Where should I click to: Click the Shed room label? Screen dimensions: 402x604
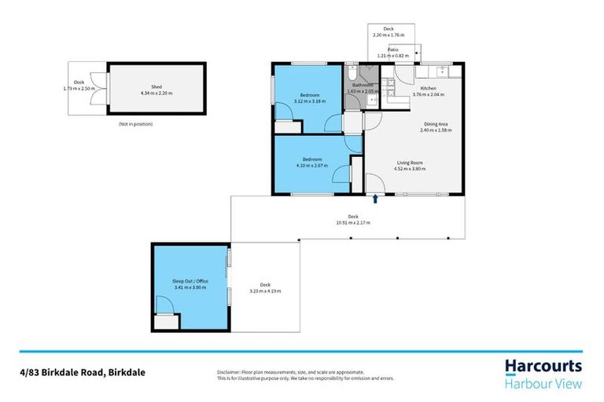point(156,87)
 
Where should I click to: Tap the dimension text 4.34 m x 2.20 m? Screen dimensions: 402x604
point(156,93)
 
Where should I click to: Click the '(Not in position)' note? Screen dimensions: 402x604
point(135,124)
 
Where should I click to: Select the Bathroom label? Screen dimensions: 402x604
point(362,85)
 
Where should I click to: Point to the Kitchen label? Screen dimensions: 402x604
point(428,88)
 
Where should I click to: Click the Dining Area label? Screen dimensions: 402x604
point(436,124)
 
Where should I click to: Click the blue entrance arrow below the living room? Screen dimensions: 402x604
point(375,199)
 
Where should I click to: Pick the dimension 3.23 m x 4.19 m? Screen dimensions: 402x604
point(265,291)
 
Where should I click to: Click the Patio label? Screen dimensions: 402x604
point(392,49)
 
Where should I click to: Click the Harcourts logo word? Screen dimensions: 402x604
point(543,367)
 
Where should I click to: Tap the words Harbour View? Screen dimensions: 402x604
point(543,383)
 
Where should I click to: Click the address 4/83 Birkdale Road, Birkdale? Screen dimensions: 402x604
point(83,372)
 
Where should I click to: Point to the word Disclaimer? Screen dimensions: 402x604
point(230,372)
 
